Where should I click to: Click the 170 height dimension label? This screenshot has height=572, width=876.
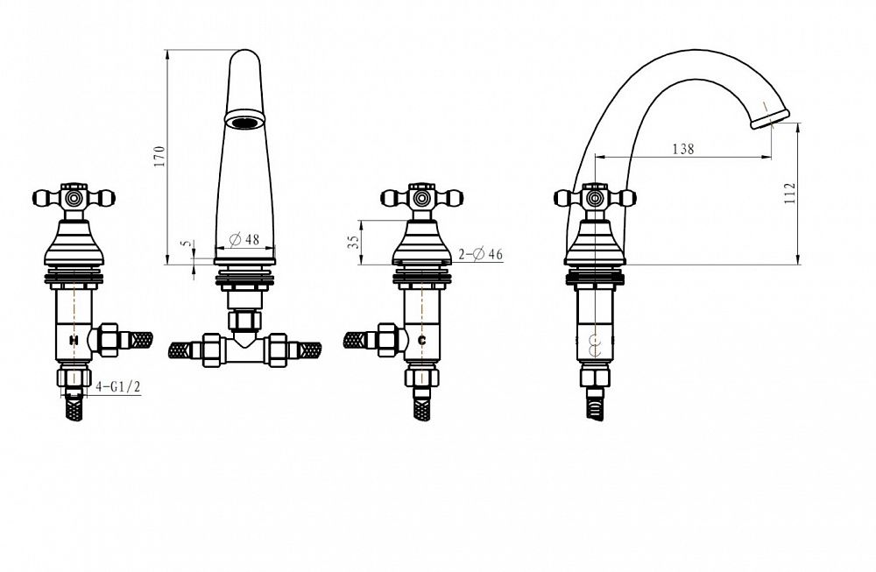pyautogui.click(x=159, y=157)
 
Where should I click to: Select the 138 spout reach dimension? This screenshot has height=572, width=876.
pyautogui.click(x=682, y=149)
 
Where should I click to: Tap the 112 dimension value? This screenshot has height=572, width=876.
pyautogui.click(x=790, y=194)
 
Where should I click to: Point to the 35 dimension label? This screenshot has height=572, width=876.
pyautogui.click(x=353, y=242)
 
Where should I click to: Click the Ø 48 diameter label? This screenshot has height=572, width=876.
pyautogui.click(x=244, y=240)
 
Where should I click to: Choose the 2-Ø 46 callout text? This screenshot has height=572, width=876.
pyautogui.click(x=480, y=254)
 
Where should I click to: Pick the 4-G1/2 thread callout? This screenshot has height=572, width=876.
pyautogui.click(x=118, y=386)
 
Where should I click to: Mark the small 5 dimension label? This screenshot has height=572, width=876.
pyautogui.click(x=187, y=244)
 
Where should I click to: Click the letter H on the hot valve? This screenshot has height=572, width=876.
pyautogui.click(x=74, y=340)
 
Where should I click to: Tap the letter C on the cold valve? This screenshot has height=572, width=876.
pyautogui.click(x=422, y=340)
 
